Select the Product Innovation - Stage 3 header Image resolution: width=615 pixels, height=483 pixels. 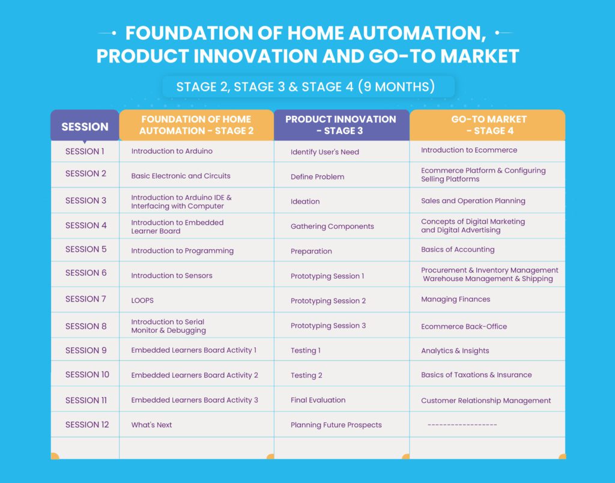point(341,125)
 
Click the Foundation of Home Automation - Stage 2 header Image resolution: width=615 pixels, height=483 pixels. point(196,125)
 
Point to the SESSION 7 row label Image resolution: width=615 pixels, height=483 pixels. point(85,299)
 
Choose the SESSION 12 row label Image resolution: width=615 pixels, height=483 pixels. point(87,425)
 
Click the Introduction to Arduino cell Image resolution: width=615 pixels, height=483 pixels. point(172,151)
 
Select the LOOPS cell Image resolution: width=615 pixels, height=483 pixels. point(142,300)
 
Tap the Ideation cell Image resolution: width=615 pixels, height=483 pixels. point(305,201)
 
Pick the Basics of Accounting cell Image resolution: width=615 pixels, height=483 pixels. point(458,249)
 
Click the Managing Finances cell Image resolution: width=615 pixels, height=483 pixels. point(456,299)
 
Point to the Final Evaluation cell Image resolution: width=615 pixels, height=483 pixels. point(318,400)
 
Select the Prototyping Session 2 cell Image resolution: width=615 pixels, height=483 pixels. point(329,301)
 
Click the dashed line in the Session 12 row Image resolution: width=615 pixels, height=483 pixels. point(462,425)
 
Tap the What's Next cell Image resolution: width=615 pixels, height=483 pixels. point(151,425)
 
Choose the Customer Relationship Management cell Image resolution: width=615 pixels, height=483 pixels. point(486,401)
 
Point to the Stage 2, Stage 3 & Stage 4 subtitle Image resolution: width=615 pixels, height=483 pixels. point(306,87)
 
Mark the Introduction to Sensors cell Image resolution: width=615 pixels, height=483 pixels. point(172,275)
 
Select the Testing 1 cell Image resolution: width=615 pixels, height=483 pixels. point(306,350)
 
